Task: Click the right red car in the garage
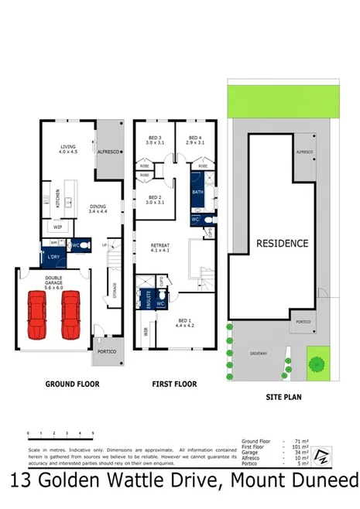click(x=71, y=314)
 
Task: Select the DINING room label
click(x=98, y=207)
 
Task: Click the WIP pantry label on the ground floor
click(x=57, y=227)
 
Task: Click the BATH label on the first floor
click(x=197, y=192)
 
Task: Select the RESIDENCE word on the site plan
click(x=282, y=243)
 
